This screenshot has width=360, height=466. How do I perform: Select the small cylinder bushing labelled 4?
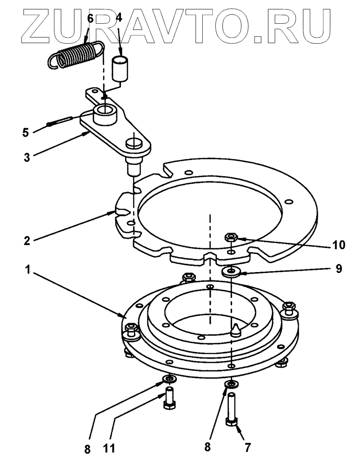pos(122,68)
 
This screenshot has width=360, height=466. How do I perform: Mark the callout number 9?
pos(338,268)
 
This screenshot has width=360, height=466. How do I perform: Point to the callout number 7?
pos(247,447)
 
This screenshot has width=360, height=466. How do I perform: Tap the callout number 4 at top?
pos(119,19)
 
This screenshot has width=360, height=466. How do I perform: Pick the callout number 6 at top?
pos(90,19)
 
